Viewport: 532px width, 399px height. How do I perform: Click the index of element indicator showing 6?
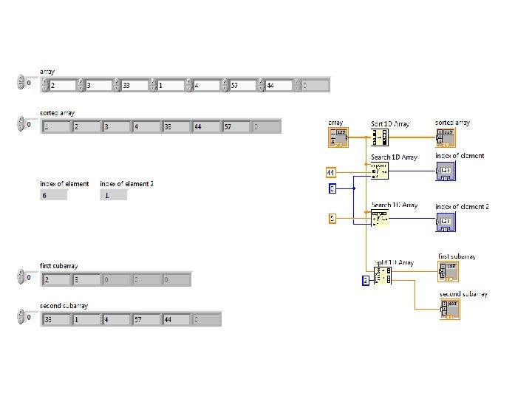pyautogui.click(x=53, y=196)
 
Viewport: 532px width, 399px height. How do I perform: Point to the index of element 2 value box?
pyautogui.click(x=114, y=196)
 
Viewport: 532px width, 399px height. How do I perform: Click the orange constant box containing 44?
pyautogui.click(x=332, y=172)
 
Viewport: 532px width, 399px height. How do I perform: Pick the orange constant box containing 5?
pyautogui.click(x=332, y=217)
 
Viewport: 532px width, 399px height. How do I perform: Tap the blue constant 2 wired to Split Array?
pyautogui.click(x=365, y=280)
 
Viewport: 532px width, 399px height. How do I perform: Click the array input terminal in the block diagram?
pyautogui.click(x=338, y=137)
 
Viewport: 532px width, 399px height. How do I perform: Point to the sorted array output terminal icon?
pyautogui.click(x=446, y=137)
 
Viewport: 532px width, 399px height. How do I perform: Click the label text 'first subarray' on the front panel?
pyautogui.click(x=58, y=265)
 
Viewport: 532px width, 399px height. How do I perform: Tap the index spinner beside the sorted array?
pyautogui.click(x=21, y=124)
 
